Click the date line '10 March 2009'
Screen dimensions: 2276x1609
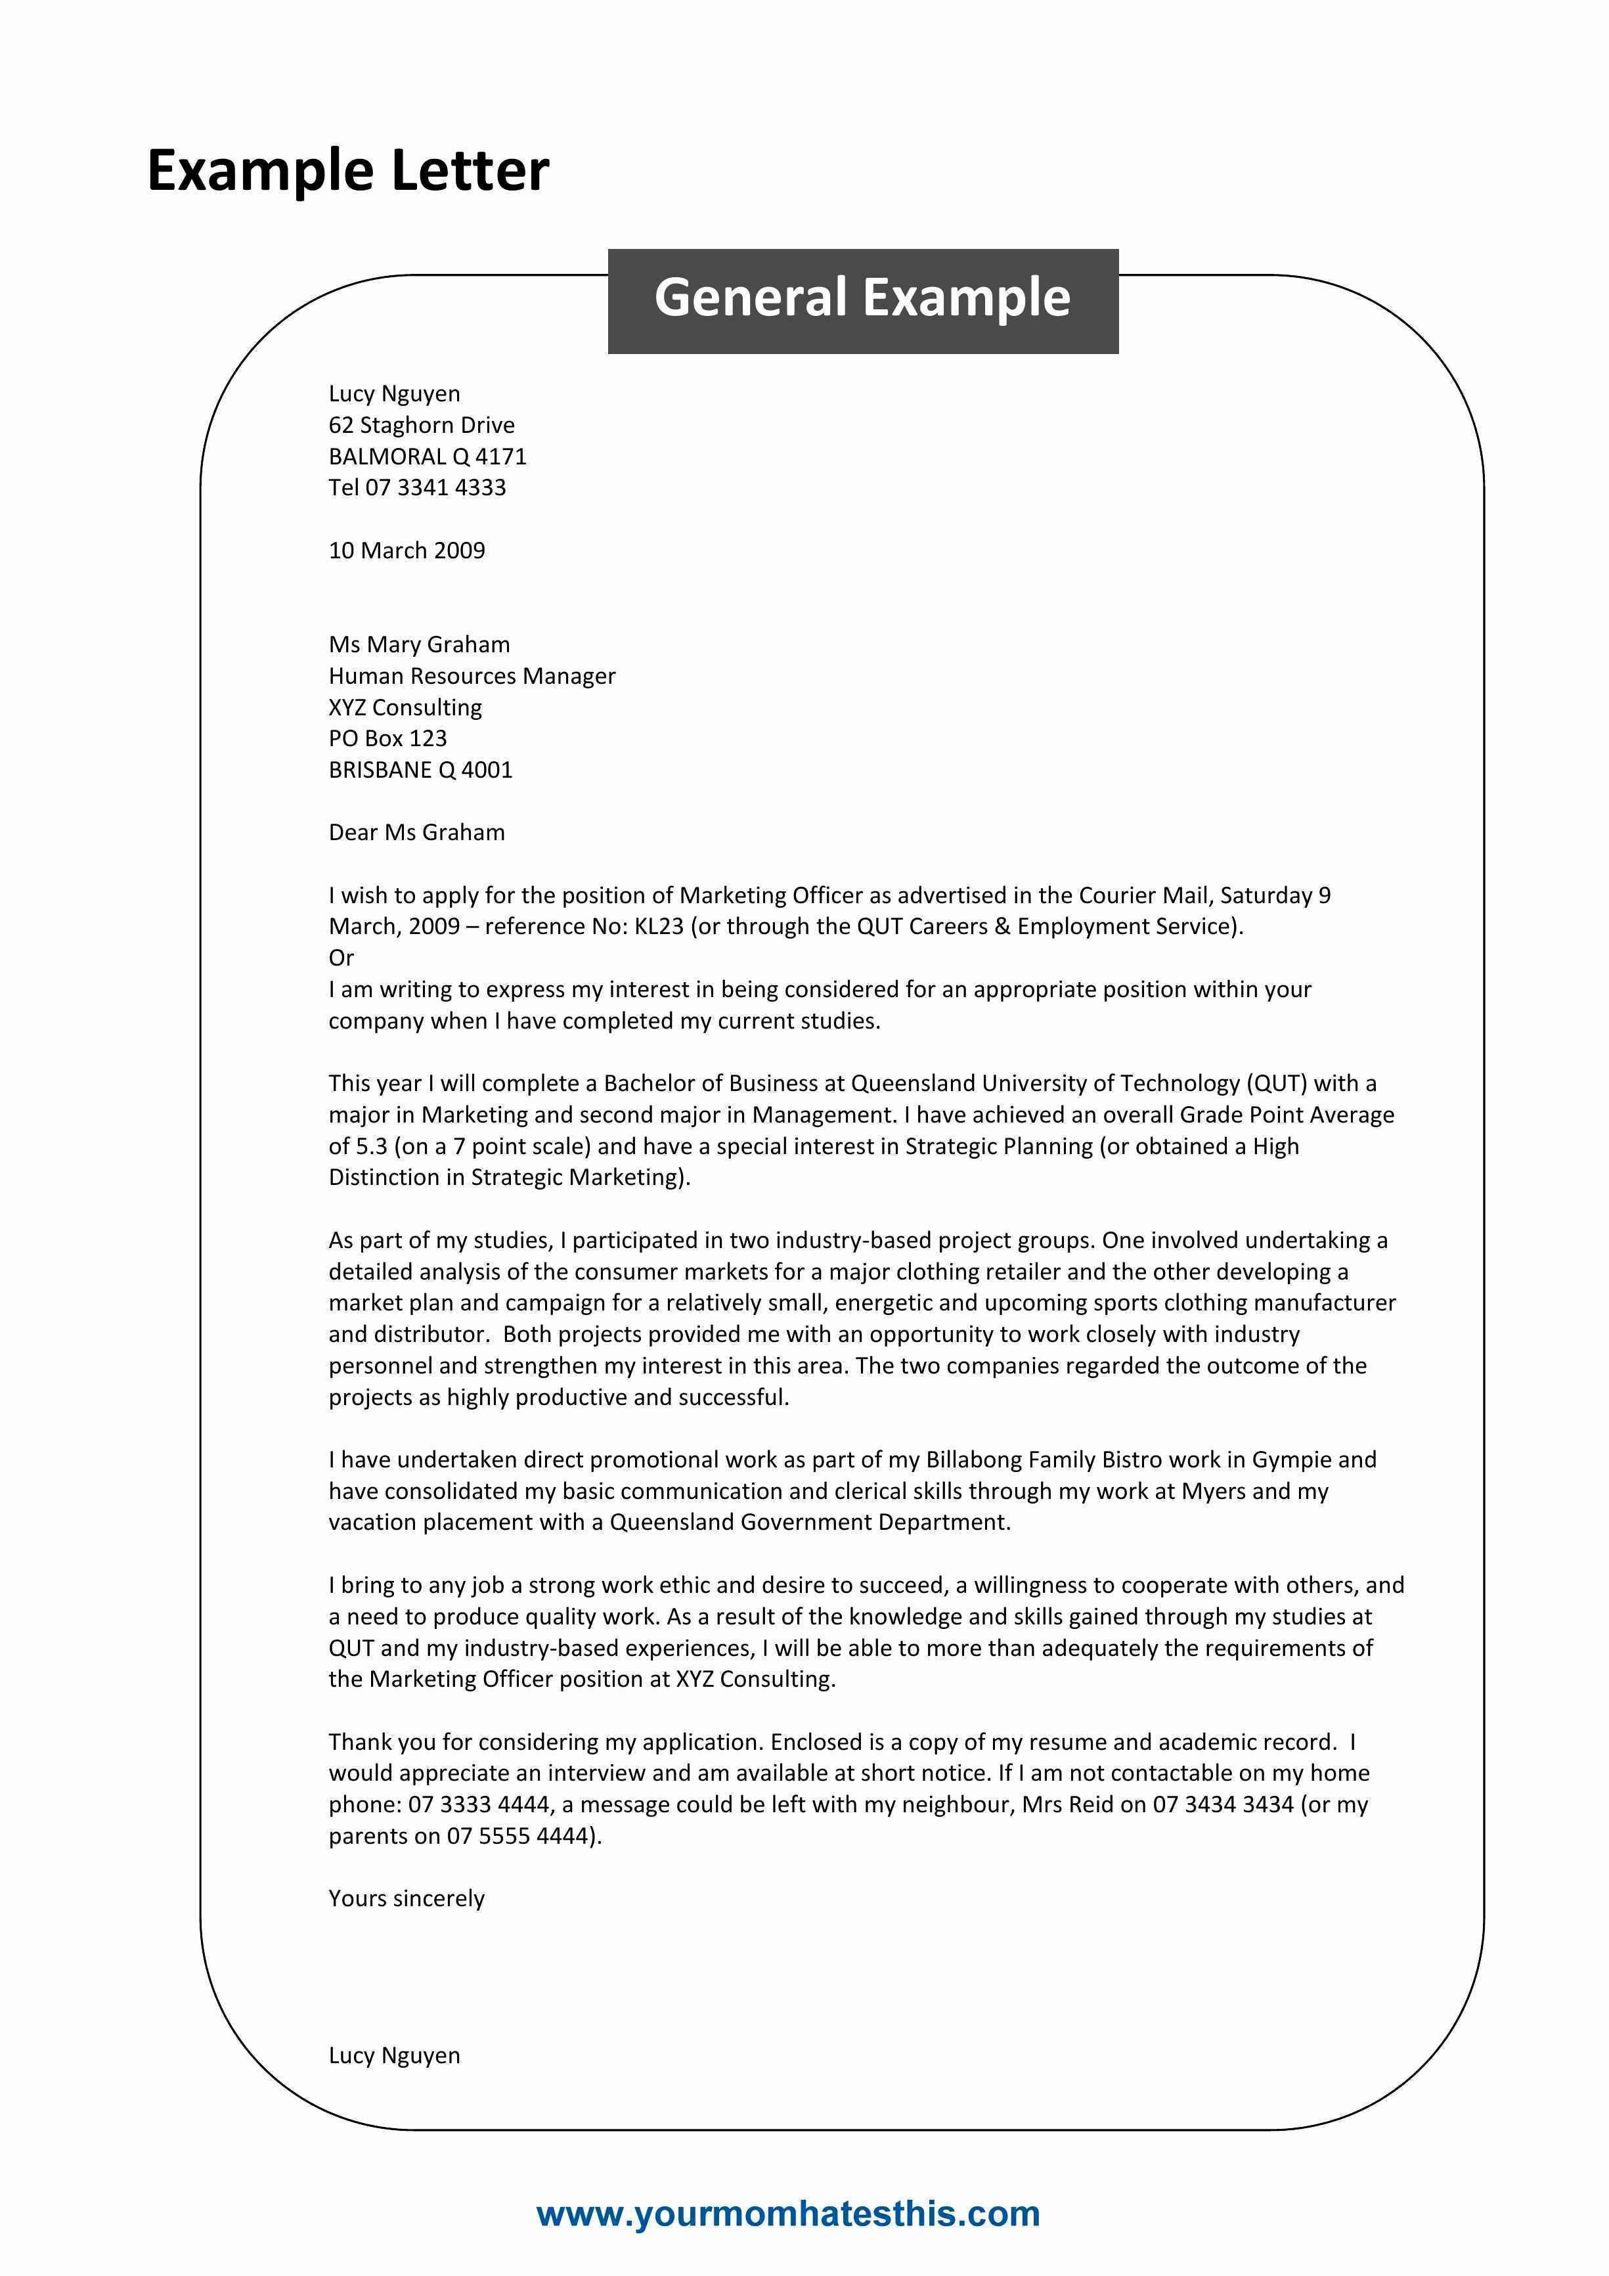pos(407,551)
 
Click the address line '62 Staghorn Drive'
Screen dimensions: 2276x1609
pos(422,425)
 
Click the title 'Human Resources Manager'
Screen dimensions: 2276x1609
pos(472,676)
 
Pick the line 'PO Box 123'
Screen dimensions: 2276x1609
pos(387,738)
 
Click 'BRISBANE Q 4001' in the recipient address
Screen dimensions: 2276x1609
pos(420,770)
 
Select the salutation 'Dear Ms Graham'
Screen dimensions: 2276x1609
pos(416,833)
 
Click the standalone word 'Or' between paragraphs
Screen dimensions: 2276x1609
pos(341,958)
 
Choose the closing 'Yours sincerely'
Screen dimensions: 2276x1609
pos(407,1898)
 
